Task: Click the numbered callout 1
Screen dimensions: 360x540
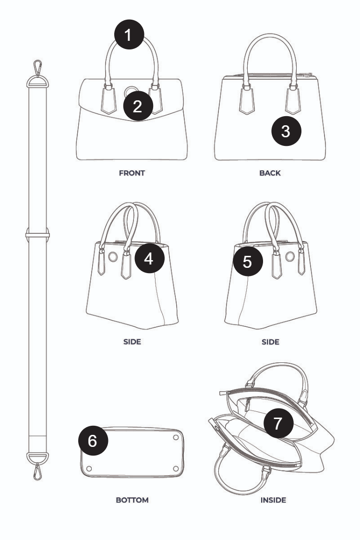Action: tap(129, 35)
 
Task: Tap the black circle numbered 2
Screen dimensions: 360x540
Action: tap(138, 106)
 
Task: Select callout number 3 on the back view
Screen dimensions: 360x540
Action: tap(286, 131)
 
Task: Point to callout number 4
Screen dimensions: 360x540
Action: tap(149, 258)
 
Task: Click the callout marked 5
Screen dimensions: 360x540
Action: tap(248, 262)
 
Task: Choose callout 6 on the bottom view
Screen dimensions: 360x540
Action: tap(93, 441)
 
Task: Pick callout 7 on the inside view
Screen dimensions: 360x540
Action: tap(278, 423)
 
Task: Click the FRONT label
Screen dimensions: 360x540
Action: tap(132, 173)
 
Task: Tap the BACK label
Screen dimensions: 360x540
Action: tap(270, 173)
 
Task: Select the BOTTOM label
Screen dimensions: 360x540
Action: tap(132, 500)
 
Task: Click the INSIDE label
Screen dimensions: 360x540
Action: tap(273, 500)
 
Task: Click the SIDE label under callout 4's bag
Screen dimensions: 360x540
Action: tap(132, 342)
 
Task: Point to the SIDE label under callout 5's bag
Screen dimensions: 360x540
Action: tap(270, 342)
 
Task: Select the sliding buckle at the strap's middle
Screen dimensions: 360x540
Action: tap(37, 235)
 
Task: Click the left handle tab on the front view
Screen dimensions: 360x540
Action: tap(108, 100)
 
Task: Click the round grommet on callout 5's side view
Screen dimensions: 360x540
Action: tap(290, 256)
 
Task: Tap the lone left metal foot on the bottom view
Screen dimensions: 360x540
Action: tap(89, 468)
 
